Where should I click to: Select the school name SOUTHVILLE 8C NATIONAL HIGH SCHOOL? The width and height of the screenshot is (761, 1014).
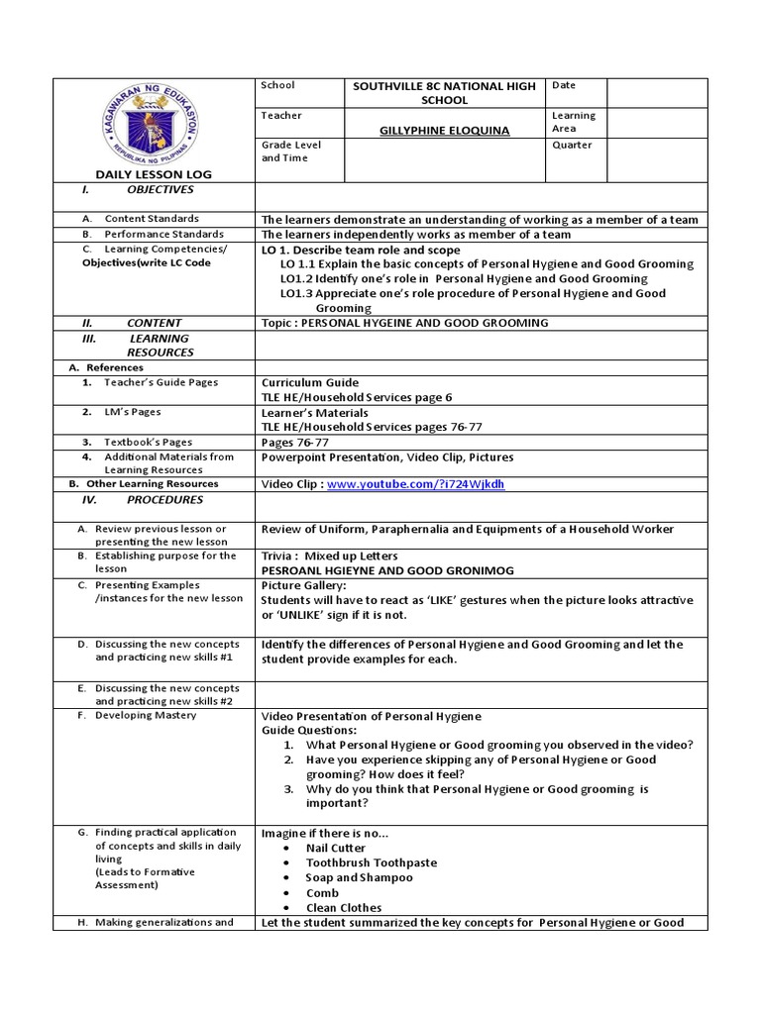pos(444,93)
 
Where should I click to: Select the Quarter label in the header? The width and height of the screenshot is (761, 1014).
pos(572,146)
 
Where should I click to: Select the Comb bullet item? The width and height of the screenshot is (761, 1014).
pos(322,892)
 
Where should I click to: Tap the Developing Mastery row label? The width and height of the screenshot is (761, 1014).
pos(145,715)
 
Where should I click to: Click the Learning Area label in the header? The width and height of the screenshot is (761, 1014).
pos(574,122)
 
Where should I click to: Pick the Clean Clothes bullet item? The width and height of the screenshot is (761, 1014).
pos(343,907)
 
